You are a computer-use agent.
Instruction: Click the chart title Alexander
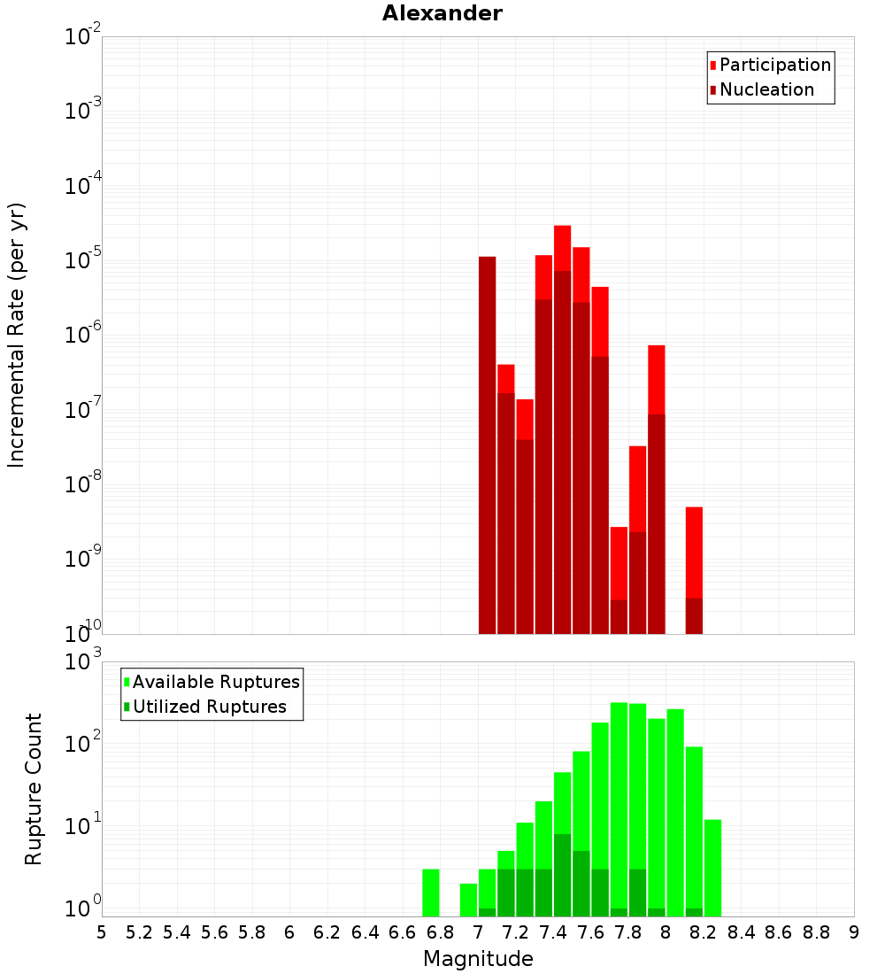(x=442, y=13)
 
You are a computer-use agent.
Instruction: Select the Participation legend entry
(x=774, y=65)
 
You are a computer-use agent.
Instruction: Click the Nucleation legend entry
(x=766, y=89)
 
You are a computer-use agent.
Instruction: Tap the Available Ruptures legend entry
(x=215, y=682)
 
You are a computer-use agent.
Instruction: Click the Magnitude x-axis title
(x=478, y=959)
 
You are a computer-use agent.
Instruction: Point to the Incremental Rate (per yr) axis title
(x=17, y=335)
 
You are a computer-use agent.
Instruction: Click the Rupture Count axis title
(x=34, y=789)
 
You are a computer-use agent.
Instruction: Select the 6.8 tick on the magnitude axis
(x=440, y=932)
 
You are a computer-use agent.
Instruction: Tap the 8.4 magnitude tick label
(x=741, y=932)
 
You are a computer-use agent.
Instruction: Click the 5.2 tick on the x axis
(x=139, y=932)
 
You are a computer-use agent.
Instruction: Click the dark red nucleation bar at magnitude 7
(x=487, y=443)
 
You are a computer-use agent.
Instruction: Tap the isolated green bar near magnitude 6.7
(x=431, y=893)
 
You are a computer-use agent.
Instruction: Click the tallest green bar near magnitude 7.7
(x=619, y=806)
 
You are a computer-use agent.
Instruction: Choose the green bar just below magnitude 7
(x=468, y=900)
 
